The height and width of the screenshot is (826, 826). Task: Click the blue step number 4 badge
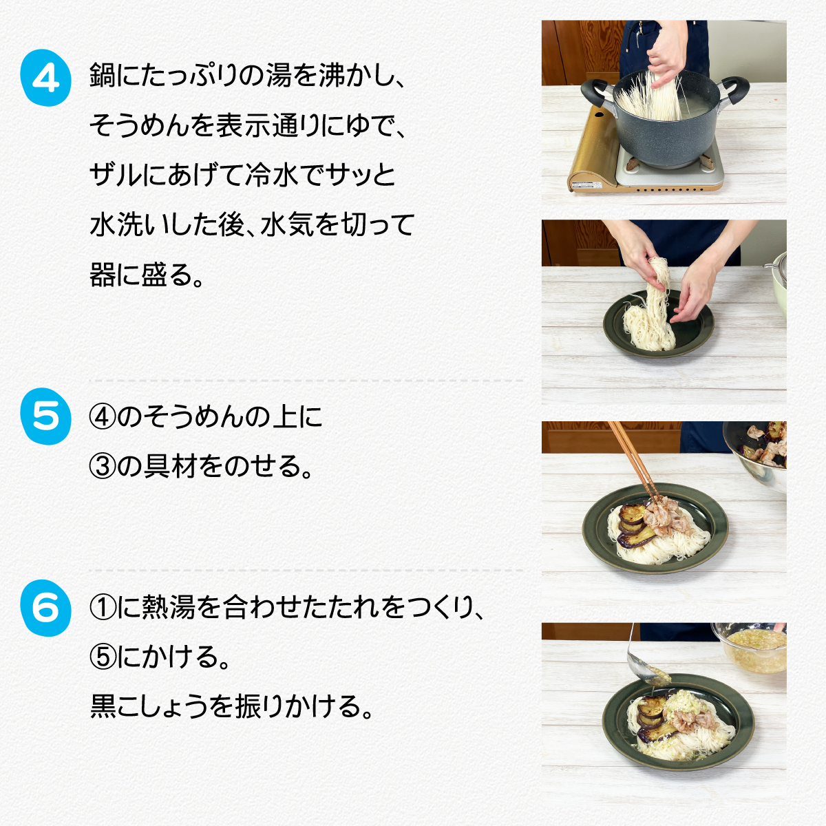45,78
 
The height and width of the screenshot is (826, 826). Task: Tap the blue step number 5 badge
45,416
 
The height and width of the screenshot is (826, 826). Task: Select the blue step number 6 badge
45,608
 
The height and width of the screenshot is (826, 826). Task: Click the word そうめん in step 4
140,125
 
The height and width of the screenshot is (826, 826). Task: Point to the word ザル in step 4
115,175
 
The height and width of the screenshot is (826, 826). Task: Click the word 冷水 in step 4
271,175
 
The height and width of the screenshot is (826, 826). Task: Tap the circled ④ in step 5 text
102,418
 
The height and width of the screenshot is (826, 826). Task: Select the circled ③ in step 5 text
102,467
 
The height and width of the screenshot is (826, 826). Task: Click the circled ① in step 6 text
102,608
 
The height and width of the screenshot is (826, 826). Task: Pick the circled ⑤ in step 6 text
102,657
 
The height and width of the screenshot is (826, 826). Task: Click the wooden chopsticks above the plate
633,463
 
